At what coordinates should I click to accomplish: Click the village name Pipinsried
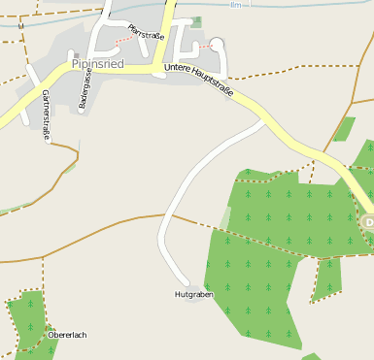tap(97, 64)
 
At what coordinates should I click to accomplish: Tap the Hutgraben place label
tap(193, 293)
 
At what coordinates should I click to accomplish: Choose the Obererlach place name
tap(67, 335)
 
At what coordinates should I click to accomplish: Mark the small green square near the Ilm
tap(197, 21)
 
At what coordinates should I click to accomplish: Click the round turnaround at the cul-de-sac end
tap(218, 44)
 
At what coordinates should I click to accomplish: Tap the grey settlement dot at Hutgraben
tap(193, 285)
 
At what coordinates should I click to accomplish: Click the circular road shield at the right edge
tap(369, 223)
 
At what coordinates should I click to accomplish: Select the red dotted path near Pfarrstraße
tap(123, 40)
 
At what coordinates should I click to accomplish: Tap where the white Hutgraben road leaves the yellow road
tap(265, 121)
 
